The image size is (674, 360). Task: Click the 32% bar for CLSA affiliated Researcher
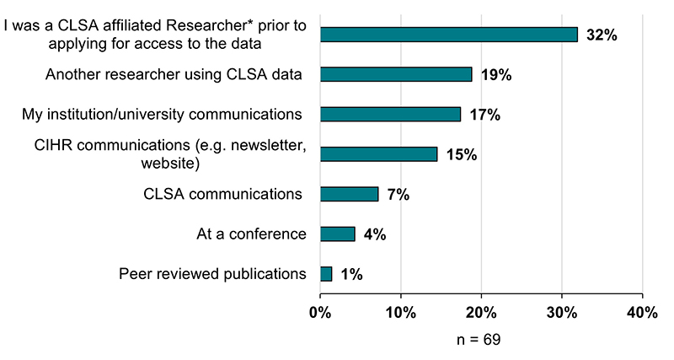click(448, 35)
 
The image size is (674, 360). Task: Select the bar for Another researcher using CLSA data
click(396, 74)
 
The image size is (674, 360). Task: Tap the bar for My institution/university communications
click(391, 114)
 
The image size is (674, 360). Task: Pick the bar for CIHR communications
click(379, 154)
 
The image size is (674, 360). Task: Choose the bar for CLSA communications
click(350, 194)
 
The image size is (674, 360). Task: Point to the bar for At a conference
click(338, 234)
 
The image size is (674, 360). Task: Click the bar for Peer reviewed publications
click(326, 273)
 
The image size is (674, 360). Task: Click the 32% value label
click(602, 35)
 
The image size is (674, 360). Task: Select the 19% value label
click(495, 75)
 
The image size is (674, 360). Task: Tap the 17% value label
click(484, 115)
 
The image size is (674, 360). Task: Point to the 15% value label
click(462, 155)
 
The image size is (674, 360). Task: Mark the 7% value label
click(398, 195)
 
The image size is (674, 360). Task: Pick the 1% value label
click(351, 274)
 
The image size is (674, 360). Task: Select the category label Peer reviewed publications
click(212, 274)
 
